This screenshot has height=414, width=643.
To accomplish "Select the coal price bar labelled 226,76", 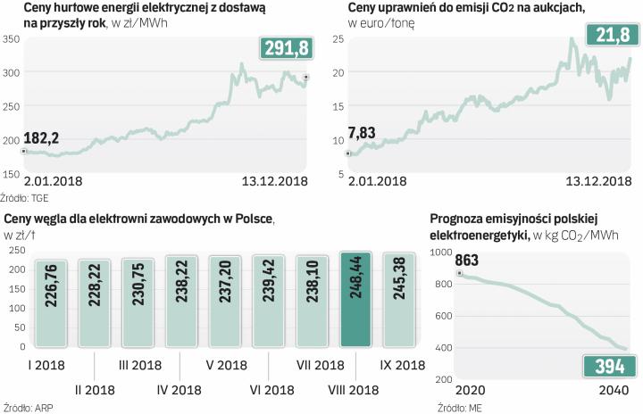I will click(51, 302).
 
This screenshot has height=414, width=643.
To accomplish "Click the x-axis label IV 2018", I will click(181, 389).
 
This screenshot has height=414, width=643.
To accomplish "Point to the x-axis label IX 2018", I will click(399, 365).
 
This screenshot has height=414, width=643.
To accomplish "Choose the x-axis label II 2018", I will click(95, 389).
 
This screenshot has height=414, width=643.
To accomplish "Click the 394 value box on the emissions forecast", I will click(609, 367).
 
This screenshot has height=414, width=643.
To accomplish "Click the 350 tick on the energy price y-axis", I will click(12, 40).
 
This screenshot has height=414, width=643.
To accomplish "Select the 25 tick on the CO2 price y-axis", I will click(338, 40).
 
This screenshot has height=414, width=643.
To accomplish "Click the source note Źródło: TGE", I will click(25, 195).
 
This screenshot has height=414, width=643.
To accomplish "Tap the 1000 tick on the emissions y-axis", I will click(443, 253).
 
